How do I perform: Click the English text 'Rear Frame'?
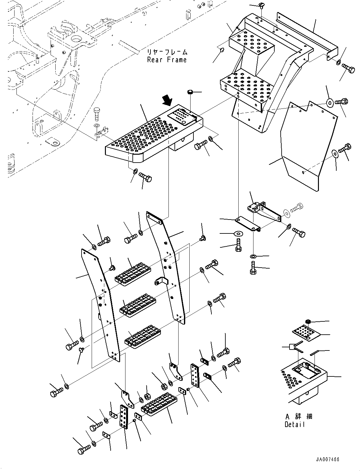click(x=167, y=60)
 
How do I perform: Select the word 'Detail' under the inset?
click(x=295, y=425)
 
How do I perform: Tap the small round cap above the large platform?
click(x=190, y=92)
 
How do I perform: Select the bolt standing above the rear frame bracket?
click(x=97, y=113)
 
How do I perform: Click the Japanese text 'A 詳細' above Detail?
click(x=299, y=417)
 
